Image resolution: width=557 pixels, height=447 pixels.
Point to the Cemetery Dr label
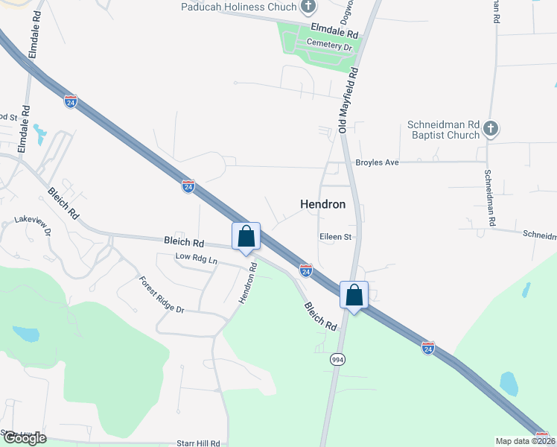(329, 46)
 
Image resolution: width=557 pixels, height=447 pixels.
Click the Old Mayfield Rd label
(348, 101)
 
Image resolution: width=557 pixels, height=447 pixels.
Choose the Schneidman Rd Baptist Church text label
(443, 130)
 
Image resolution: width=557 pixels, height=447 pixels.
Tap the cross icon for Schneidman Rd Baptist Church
(490, 129)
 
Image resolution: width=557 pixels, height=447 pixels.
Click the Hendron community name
(322, 203)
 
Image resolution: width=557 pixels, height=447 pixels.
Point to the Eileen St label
(335, 237)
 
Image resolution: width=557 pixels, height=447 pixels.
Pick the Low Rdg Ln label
(196, 258)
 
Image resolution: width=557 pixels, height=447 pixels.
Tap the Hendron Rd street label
(248, 282)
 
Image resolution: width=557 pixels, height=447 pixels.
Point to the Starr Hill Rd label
(200, 443)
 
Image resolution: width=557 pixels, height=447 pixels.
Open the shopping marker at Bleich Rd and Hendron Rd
(246, 237)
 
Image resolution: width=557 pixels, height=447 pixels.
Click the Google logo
(24, 438)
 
